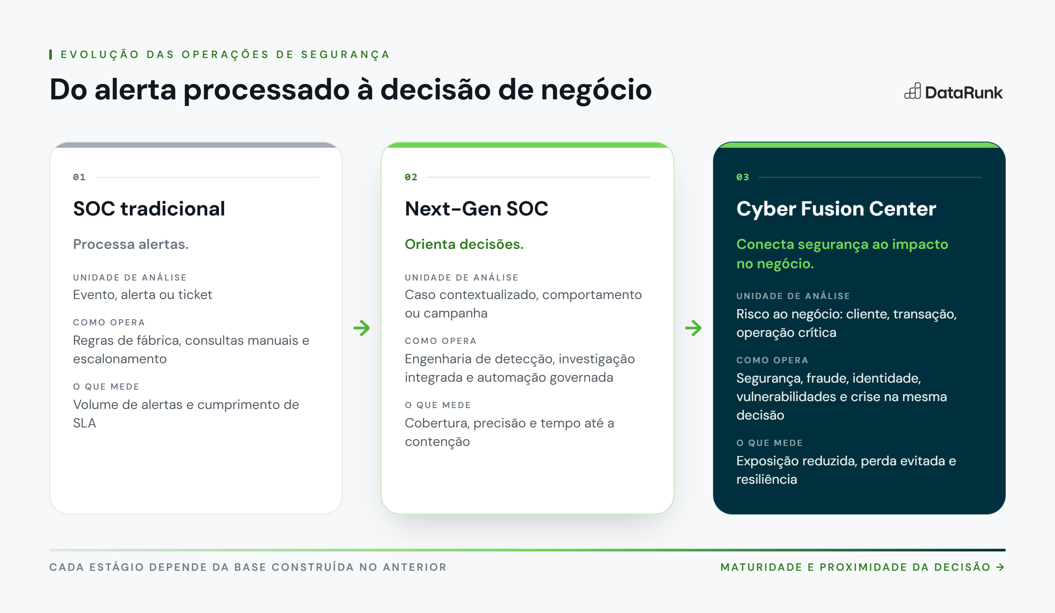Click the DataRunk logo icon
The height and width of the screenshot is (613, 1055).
coord(913,91)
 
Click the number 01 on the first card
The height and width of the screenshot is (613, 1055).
coord(79,177)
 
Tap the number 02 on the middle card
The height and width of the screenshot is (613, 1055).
coord(411,177)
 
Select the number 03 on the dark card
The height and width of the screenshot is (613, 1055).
coord(742,177)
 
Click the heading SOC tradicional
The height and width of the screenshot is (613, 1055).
coord(149,208)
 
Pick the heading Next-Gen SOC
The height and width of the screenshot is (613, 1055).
coord(477,208)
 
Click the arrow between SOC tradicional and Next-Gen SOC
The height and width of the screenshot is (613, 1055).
coord(362,328)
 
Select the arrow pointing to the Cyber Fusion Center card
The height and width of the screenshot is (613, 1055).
coord(693,328)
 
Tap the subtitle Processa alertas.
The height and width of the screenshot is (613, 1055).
coord(131,244)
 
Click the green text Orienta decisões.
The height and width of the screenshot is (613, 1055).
coord(464,244)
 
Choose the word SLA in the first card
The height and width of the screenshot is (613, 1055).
coord(84,423)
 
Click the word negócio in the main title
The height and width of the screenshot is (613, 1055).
coord(596,90)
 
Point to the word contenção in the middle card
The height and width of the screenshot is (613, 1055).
coord(437,442)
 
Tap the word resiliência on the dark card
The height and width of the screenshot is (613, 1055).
coord(767,479)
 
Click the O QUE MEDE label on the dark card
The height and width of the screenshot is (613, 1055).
coord(769,443)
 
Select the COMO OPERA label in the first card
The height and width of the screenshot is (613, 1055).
coord(109,322)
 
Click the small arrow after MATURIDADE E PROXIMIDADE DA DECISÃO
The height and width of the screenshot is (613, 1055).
coord(1000,567)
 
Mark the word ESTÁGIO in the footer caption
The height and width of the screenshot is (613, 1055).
coord(117,567)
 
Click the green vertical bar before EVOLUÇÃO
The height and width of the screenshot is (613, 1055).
coord(51,55)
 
